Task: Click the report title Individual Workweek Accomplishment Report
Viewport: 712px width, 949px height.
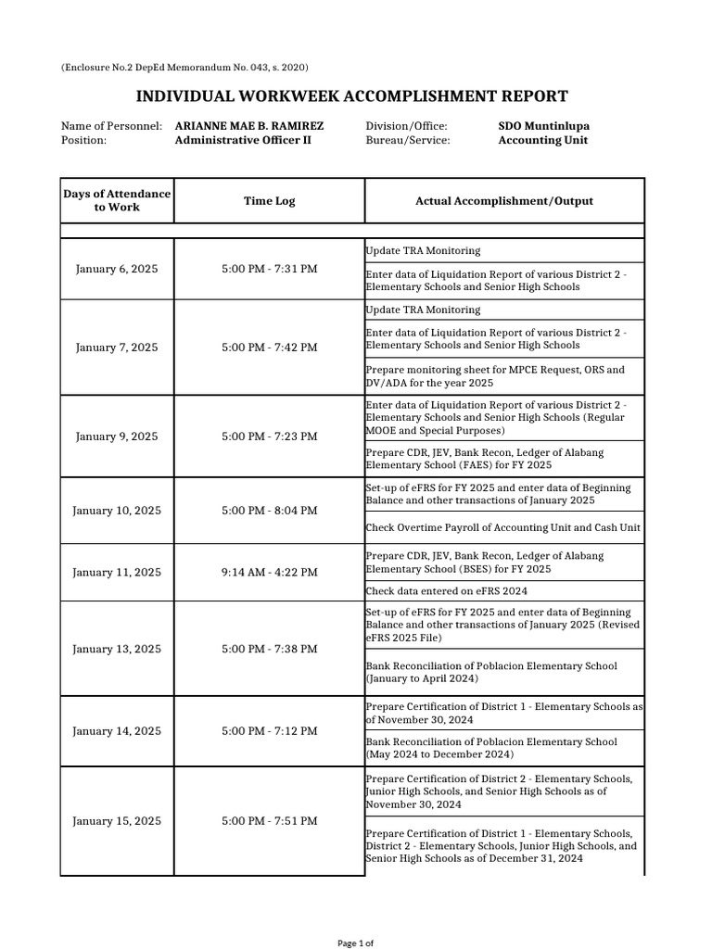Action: (x=352, y=96)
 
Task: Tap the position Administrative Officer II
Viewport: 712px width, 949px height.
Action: (x=243, y=141)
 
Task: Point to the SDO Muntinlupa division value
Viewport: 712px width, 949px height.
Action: (x=543, y=126)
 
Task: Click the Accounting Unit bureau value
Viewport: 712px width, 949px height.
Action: (x=542, y=141)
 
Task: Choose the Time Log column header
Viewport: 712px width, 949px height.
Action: (x=269, y=201)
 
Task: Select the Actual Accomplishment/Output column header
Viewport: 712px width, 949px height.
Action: (x=504, y=201)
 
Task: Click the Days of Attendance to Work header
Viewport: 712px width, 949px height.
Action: (x=117, y=201)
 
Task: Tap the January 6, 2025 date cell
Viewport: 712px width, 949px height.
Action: (x=117, y=269)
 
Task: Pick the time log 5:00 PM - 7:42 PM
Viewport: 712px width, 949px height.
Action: (x=269, y=348)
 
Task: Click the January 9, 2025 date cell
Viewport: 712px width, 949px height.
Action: (x=117, y=437)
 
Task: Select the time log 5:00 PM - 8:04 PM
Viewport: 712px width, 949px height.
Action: (x=269, y=511)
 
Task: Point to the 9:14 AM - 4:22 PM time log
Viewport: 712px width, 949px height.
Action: (x=269, y=573)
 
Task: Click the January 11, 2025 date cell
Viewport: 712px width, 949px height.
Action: (x=117, y=573)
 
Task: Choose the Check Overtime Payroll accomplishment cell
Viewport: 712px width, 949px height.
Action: (x=503, y=528)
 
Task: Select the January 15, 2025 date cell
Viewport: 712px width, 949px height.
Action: (x=117, y=821)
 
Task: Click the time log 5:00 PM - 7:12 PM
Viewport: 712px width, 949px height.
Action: (x=269, y=732)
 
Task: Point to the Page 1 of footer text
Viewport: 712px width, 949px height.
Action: (x=355, y=943)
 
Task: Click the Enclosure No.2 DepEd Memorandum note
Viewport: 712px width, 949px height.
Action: (x=184, y=68)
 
